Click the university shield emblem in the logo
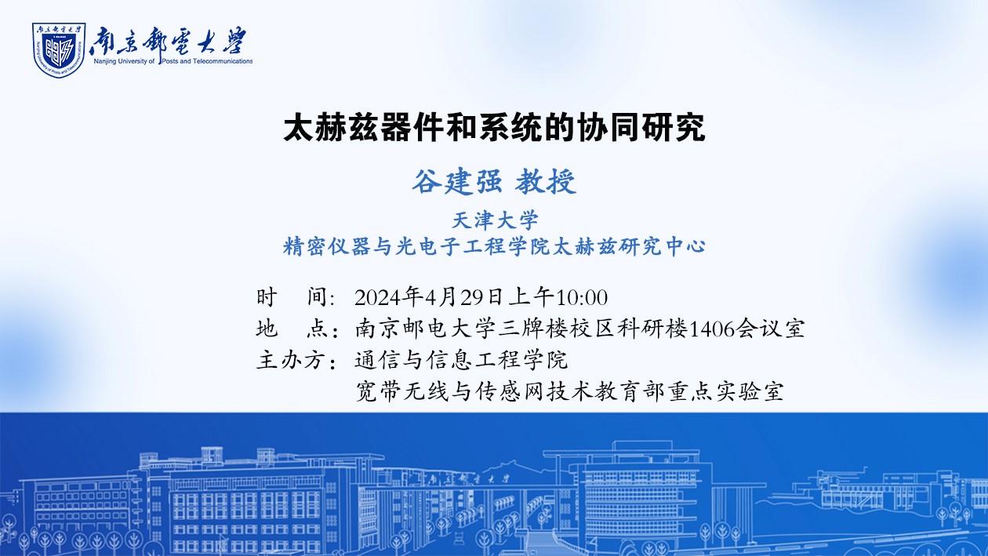pyautogui.click(x=59, y=50)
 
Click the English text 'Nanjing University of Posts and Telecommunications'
pyautogui.click(x=173, y=61)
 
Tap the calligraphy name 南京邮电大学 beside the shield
pyautogui.click(x=168, y=41)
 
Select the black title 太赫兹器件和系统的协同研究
pyautogui.click(x=494, y=128)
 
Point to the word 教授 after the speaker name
pyautogui.click(x=546, y=181)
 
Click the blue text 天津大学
pyautogui.click(x=495, y=220)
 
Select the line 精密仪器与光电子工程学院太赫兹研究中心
pyautogui.click(x=494, y=247)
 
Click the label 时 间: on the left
pyautogui.click(x=296, y=297)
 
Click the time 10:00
pyautogui.click(x=582, y=298)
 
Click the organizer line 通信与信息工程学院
pyautogui.click(x=461, y=360)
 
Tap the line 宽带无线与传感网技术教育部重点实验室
pyautogui.click(x=569, y=391)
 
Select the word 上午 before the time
pyautogui.click(x=531, y=297)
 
